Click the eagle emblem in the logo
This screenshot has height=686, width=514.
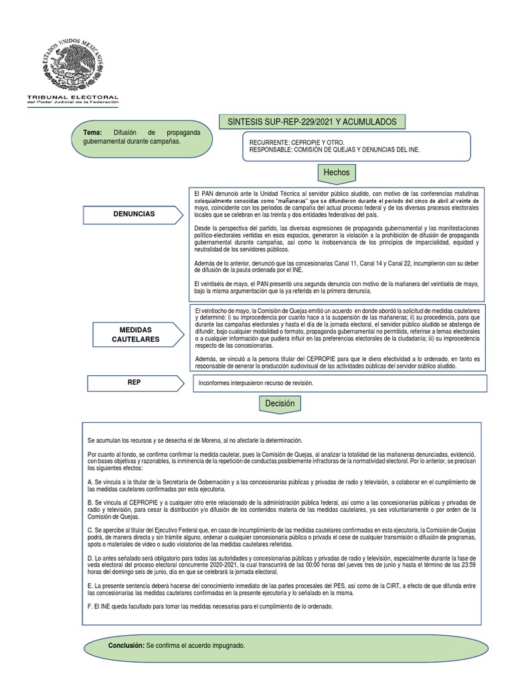point(72,57)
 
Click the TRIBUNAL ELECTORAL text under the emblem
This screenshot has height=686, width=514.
point(72,97)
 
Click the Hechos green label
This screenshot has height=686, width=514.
point(336,172)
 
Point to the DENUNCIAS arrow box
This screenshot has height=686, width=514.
point(133,214)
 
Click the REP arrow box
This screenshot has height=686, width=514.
point(134,382)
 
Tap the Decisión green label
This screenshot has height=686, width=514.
point(279,403)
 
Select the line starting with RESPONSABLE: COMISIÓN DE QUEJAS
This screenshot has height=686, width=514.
point(334,150)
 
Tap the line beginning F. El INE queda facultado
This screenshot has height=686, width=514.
point(209,606)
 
